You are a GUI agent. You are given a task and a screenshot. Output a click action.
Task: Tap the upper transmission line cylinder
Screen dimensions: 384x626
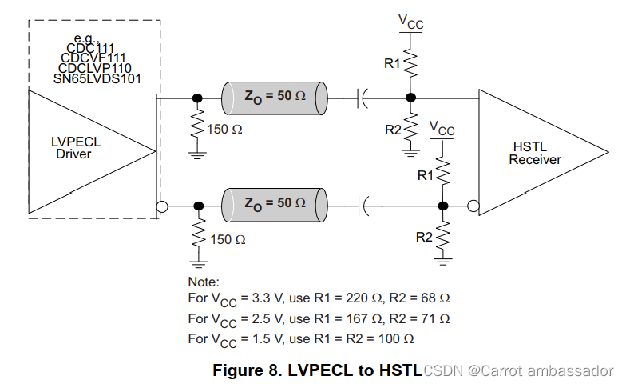click(275, 97)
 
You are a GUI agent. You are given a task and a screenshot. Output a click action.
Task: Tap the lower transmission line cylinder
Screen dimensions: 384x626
click(275, 206)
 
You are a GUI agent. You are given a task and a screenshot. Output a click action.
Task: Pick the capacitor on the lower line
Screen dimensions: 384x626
click(364, 206)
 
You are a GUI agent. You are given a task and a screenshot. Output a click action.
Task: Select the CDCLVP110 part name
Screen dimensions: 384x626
click(95, 69)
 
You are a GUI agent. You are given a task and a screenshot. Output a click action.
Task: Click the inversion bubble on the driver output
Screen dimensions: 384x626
click(161, 206)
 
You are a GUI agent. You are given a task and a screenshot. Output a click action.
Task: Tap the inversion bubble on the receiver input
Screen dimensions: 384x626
click(473, 206)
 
